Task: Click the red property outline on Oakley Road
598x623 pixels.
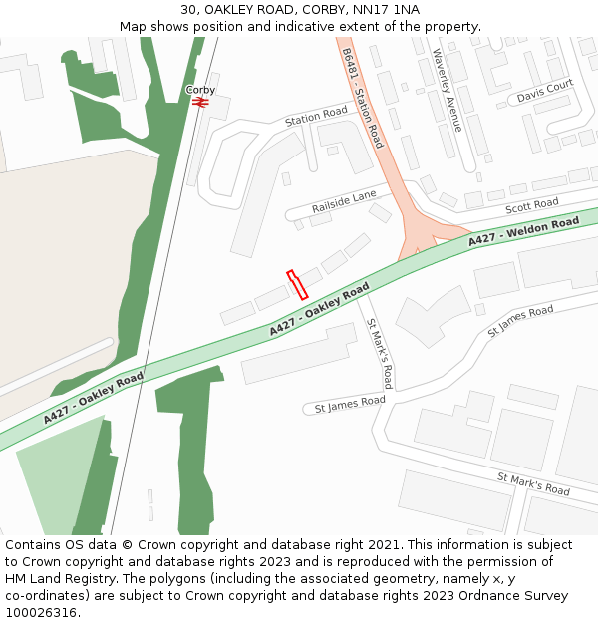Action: click(x=296, y=285)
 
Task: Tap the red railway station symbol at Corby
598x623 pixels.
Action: click(x=200, y=102)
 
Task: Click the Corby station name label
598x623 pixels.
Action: click(x=200, y=90)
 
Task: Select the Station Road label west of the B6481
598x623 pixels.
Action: click(x=315, y=116)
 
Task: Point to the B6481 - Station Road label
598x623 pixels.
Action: click(x=362, y=98)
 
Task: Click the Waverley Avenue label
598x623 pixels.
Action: click(x=447, y=90)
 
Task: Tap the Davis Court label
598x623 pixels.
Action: click(x=545, y=92)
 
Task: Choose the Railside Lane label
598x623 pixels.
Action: click(x=343, y=200)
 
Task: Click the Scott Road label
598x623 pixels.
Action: click(x=532, y=205)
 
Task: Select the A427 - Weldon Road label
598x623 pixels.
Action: click(x=523, y=231)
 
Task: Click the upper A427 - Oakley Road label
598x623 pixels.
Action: click(x=319, y=309)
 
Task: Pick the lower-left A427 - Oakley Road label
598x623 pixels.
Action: click(x=93, y=399)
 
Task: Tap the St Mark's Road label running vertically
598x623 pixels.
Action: click(x=379, y=354)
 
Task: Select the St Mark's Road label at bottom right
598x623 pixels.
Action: click(x=533, y=484)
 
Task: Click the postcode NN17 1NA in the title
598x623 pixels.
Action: click(x=391, y=10)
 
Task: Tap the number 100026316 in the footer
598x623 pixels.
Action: click(x=40, y=612)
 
